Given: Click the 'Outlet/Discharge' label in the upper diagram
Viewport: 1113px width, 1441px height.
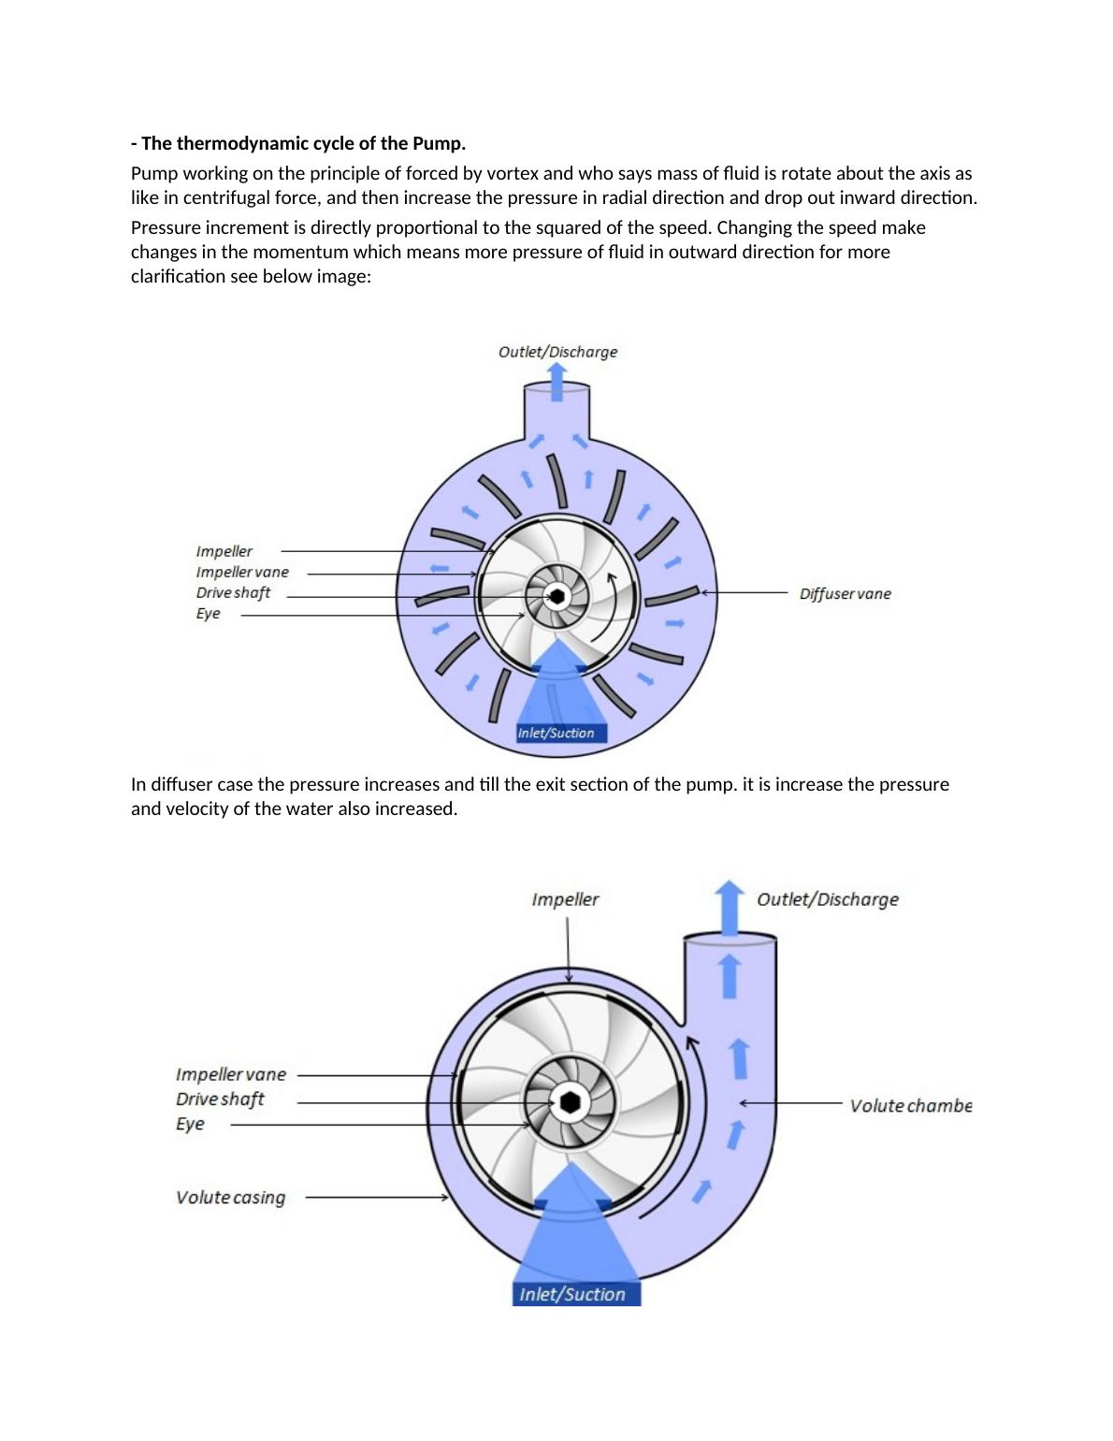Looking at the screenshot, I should (x=557, y=352).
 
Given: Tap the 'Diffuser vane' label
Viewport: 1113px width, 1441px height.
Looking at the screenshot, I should (x=845, y=593).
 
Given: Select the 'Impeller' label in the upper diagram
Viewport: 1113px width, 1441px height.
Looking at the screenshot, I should (x=224, y=551).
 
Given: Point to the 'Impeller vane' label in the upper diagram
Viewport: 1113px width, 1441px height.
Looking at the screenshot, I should (x=242, y=572).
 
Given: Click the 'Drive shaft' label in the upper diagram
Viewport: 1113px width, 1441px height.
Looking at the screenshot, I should (x=233, y=592).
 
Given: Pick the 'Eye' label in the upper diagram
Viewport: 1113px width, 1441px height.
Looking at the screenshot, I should (x=208, y=614).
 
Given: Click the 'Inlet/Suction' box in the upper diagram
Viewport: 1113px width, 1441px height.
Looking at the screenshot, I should (x=556, y=733).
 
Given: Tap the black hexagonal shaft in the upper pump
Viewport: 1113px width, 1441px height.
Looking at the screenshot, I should (x=556, y=595).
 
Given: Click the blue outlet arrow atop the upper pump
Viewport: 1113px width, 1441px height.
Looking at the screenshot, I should (x=556, y=382).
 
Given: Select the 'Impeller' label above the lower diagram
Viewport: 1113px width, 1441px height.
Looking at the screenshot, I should (x=565, y=899).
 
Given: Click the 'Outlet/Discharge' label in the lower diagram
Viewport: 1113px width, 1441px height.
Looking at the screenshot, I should (x=827, y=899).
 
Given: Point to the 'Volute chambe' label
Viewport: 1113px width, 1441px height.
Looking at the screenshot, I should (x=910, y=1105).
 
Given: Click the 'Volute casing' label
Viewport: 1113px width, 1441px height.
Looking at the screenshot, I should (x=230, y=1197).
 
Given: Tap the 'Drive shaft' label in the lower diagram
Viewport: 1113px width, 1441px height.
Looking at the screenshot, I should (x=220, y=1099).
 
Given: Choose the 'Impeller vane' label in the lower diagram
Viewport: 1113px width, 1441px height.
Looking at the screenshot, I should (x=231, y=1074).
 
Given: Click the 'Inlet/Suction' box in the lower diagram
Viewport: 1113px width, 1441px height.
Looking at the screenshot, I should (x=572, y=1294).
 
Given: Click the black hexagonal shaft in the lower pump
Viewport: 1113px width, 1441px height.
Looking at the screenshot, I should (x=570, y=1102).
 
